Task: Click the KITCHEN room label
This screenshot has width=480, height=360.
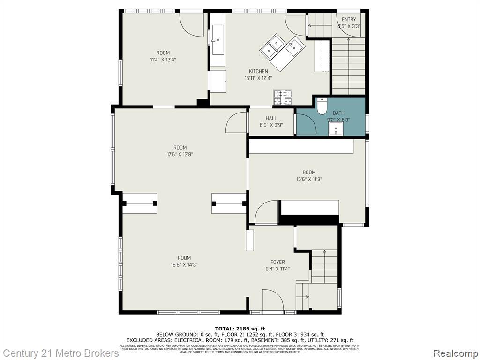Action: (x=258, y=72)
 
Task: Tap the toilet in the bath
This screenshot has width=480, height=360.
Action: (x=322, y=106)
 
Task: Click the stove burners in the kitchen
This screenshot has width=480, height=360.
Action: (x=283, y=97)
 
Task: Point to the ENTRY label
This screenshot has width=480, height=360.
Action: (x=349, y=19)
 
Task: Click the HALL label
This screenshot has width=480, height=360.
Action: (x=271, y=118)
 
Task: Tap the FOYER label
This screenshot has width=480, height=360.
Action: (x=277, y=262)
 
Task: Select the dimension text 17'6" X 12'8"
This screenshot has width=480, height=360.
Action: (x=180, y=154)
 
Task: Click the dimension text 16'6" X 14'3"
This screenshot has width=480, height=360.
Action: (x=184, y=265)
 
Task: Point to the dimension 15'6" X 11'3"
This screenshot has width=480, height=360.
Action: (x=309, y=179)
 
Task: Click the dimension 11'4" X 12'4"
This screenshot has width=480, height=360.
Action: (x=163, y=60)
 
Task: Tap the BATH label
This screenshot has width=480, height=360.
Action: (x=338, y=113)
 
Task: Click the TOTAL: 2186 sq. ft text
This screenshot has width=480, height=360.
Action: (x=240, y=328)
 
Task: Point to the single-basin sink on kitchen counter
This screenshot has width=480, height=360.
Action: (x=218, y=40)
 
